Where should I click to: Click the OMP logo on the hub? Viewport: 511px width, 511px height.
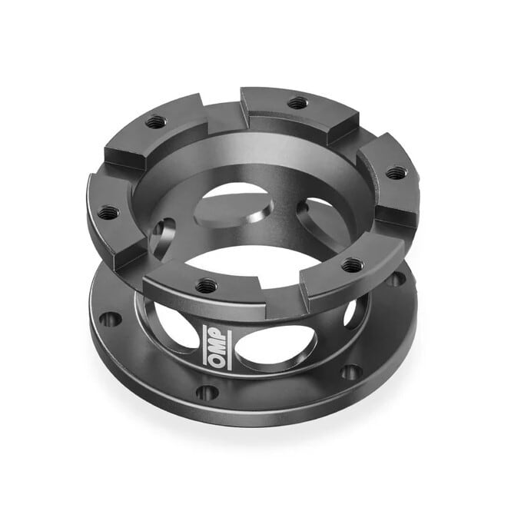pyautogui.click(x=217, y=347)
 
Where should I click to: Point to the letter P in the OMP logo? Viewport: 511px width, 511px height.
pyautogui.click(x=217, y=333)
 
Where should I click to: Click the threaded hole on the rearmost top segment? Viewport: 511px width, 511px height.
pyautogui.click(x=297, y=103)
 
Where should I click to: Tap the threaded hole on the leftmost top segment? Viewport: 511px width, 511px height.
pyautogui.click(x=108, y=213)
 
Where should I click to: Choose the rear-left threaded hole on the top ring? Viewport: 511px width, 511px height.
pyautogui.click(x=155, y=122)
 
